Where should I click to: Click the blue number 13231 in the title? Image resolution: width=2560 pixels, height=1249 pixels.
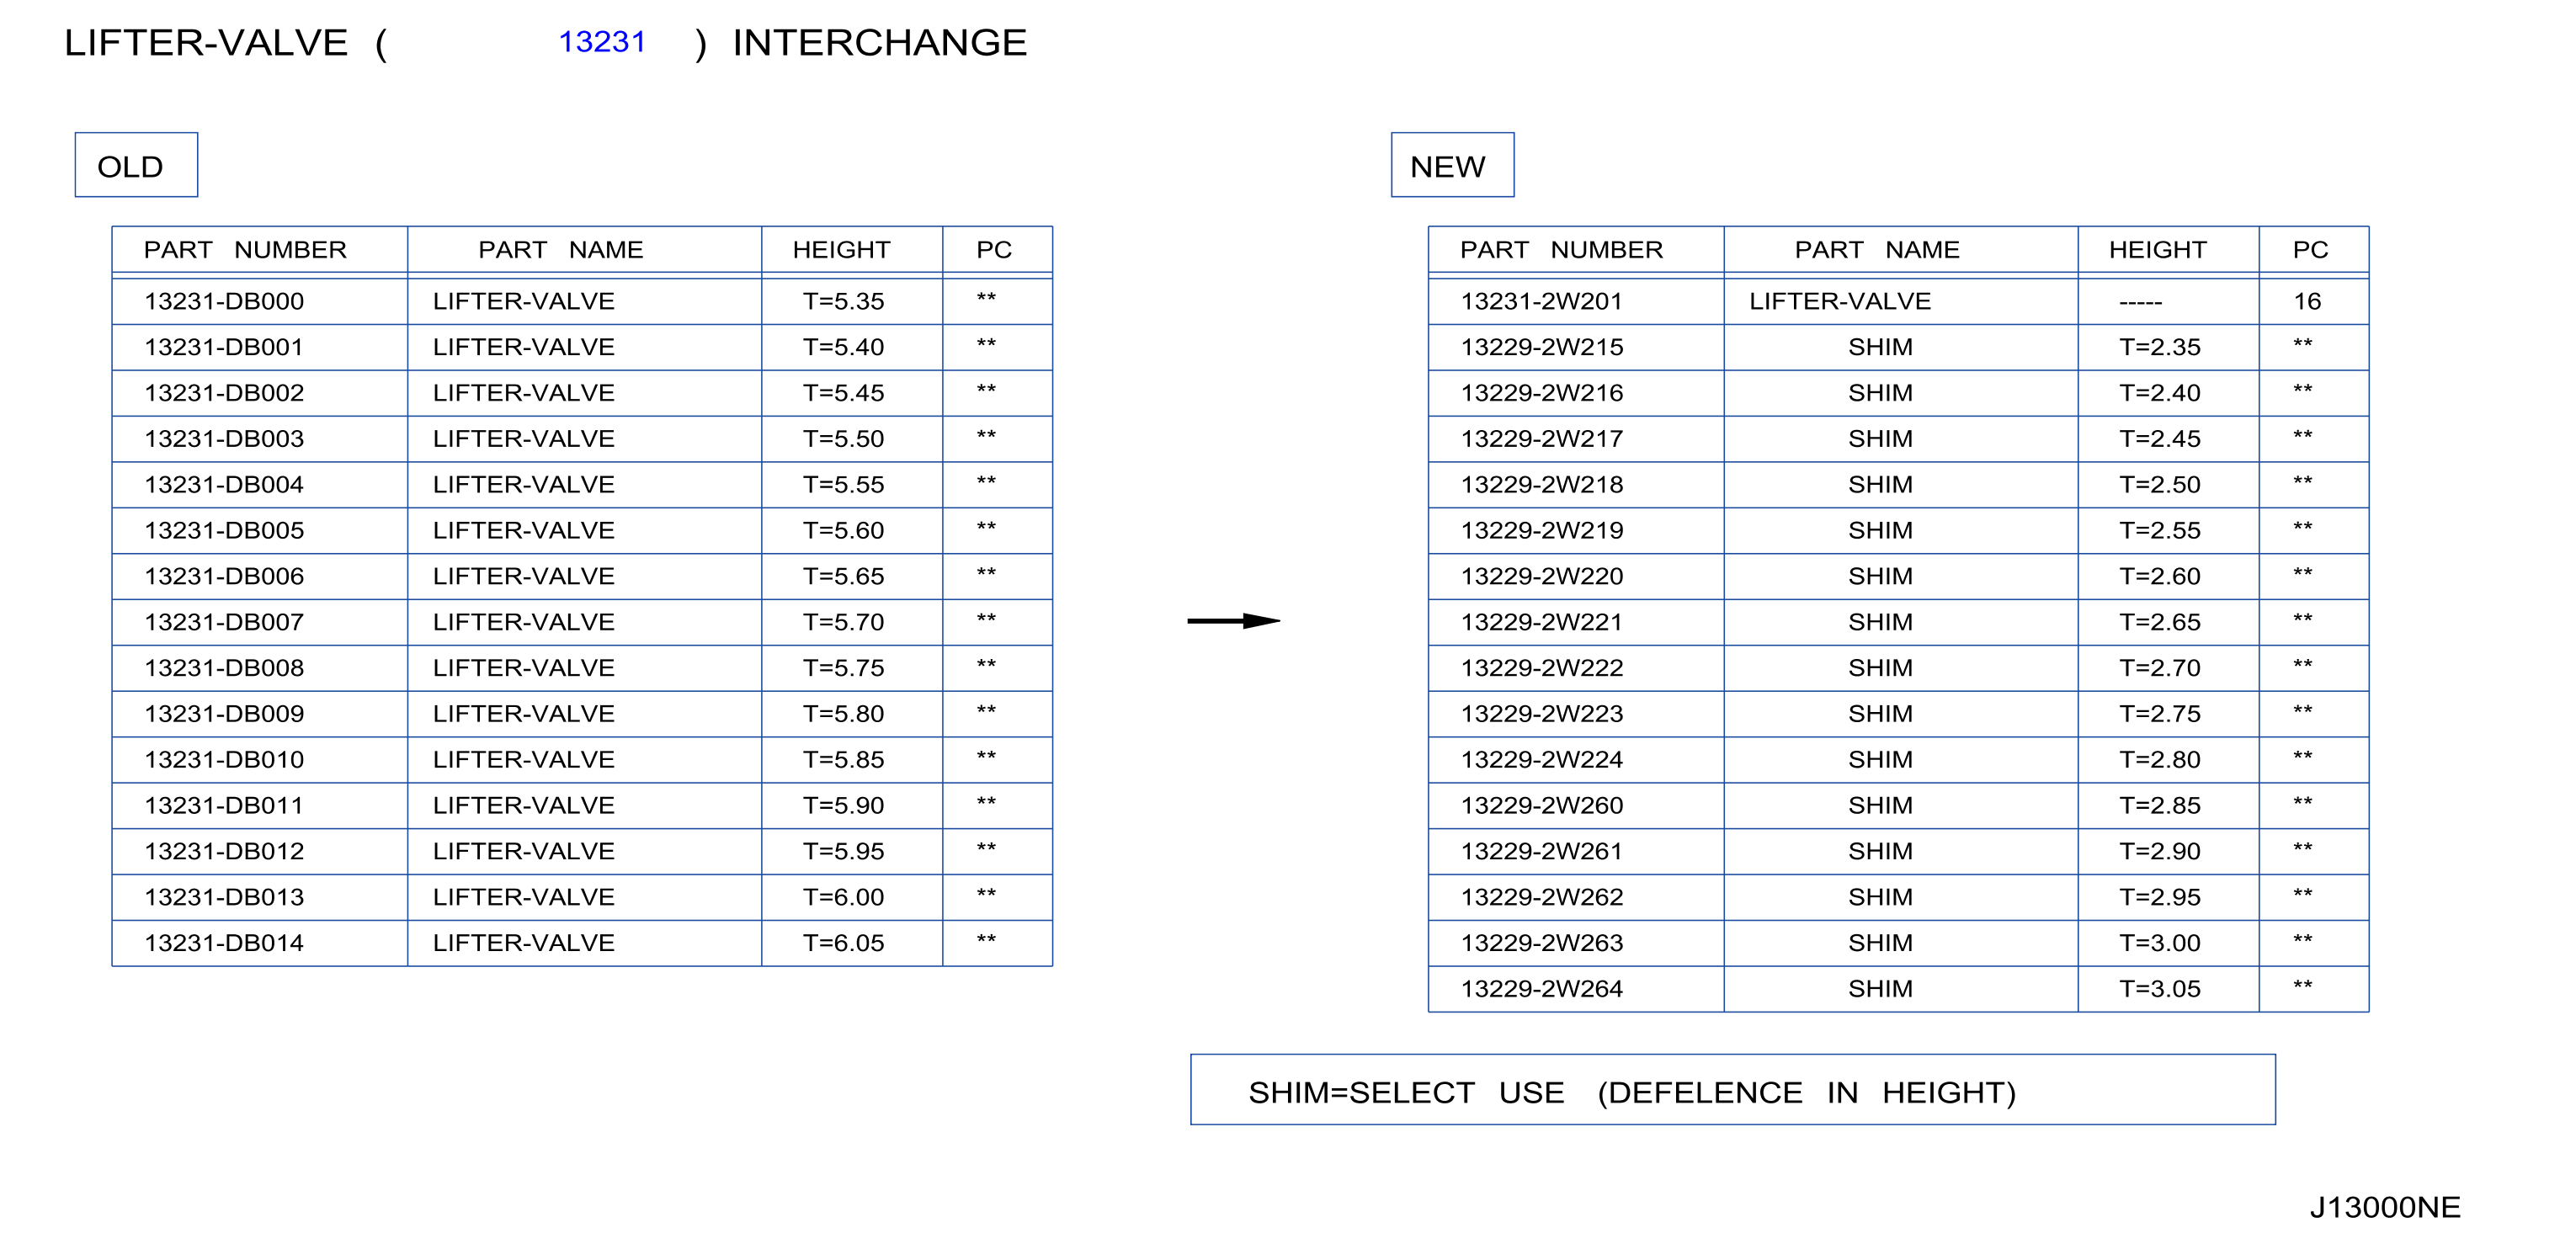click(x=601, y=42)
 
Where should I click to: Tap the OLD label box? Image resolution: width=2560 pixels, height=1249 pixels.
click(x=136, y=165)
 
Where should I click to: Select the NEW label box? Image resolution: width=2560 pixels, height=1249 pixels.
click(x=1452, y=165)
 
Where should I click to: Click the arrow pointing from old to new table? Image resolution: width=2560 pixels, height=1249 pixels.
click(x=1233, y=621)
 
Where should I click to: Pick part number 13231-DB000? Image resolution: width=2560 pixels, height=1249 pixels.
click(x=224, y=301)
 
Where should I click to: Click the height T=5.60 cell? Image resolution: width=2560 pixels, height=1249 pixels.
click(x=843, y=530)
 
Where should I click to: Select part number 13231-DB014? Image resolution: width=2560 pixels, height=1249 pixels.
click(x=224, y=943)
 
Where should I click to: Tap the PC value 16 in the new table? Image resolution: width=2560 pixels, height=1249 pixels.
click(x=2307, y=301)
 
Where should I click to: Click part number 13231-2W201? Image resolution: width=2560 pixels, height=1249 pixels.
click(x=1541, y=301)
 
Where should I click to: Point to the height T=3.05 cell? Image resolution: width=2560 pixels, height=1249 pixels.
click(x=2159, y=989)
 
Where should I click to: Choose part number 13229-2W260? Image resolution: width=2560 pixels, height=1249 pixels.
click(x=1541, y=805)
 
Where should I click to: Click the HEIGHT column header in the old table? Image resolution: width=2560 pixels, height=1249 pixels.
click(x=841, y=249)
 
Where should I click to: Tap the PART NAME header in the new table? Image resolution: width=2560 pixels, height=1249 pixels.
click(x=1876, y=249)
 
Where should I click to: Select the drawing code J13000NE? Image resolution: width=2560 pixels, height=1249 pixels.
click(x=2384, y=1207)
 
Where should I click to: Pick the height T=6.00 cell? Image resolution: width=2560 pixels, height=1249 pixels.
click(x=843, y=897)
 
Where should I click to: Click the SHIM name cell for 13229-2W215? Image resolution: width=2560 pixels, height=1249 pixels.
click(x=1881, y=347)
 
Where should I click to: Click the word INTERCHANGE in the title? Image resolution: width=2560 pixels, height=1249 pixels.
click(x=880, y=43)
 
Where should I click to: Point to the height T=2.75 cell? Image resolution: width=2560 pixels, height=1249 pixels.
click(x=2159, y=714)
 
